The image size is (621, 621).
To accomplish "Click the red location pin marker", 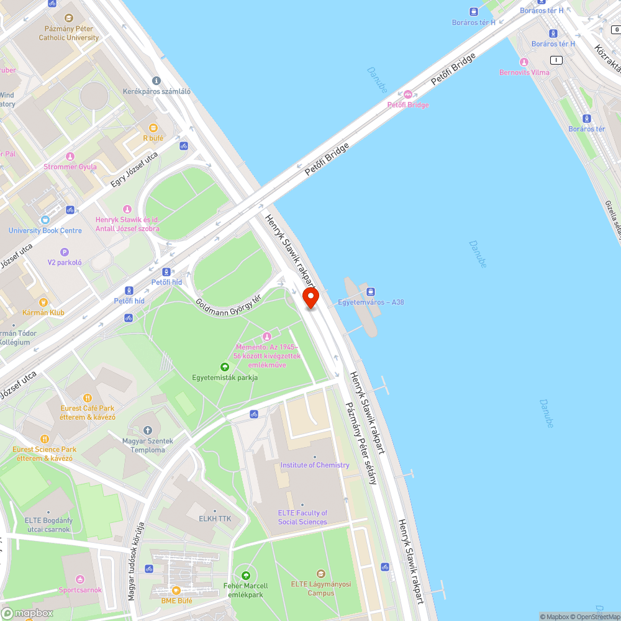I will pos(310,297).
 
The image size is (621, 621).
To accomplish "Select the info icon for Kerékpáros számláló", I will pos(156,81).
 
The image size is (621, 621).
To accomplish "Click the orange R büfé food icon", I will pos(153,127).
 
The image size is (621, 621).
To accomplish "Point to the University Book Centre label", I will pos(45,230).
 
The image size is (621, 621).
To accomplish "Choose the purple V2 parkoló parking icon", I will pos(65,252).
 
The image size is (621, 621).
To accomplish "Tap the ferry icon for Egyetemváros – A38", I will pos(371,291).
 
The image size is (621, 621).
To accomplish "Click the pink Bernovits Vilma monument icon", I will pos(524,62).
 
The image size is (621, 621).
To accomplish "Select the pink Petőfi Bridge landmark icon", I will pos(408,94).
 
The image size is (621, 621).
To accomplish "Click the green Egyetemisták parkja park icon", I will pos(225,366).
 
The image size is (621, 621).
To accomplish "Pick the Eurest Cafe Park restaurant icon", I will pos(88,397).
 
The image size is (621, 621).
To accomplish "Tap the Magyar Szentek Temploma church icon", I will pos(148,430).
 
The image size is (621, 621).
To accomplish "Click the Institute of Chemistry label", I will pos(315,465).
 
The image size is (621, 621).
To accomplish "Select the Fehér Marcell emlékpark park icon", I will pos(246,575).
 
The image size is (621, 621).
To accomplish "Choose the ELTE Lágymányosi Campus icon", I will pos(320,573).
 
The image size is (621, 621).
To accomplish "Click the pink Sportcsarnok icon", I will pos(80,579).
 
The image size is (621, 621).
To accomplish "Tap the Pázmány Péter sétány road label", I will pos(360,443).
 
